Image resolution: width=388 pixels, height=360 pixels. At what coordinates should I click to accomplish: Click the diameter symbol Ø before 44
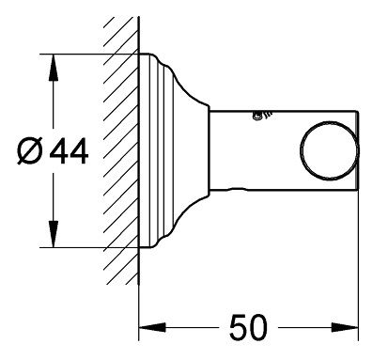click(x=30, y=151)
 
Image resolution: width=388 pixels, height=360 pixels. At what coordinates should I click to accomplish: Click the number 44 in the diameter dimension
click(x=69, y=151)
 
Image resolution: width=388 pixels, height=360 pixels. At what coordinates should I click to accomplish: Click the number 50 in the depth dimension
click(x=248, y=328)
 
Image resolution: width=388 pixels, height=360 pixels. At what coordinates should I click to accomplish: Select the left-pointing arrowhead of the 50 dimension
click(x=152, y=328)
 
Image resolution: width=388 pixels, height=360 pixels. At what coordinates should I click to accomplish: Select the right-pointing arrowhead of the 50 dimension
click(x=345, y=328)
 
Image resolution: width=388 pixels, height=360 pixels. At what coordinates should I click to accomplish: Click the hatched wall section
click(x=121, y=150)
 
